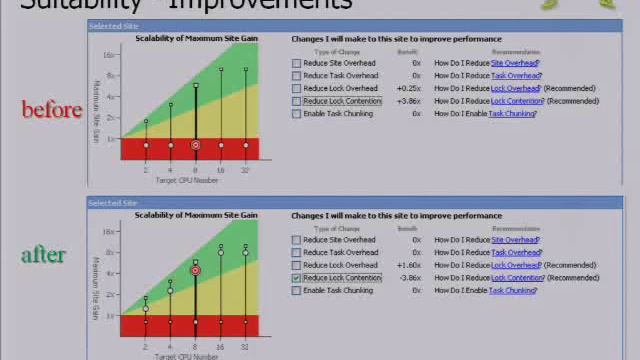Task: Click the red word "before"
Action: [x=51, y=109]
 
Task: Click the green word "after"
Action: [x=43, y=255]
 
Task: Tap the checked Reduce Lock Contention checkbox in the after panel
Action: [x=297, y=278]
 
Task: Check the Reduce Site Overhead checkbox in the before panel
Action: [x=297, y=63]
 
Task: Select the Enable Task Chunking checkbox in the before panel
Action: [x=297, y=114]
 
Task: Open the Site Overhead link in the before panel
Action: [x=514, y=63]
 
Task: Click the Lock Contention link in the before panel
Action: [x=517, y=101]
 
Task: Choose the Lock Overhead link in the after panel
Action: [x=516, y=265]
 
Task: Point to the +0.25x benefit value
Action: [x=408, y=88]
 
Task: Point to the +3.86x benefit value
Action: [x=408, y=101]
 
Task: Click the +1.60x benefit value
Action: [x=408, y=265]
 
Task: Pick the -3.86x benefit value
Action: [x=408, y=278]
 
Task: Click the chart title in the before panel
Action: [x=196, y=39]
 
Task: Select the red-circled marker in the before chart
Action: [x=195, y=146]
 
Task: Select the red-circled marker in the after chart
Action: [x=195, y=270]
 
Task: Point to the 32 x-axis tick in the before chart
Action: [x=246, y=170]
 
